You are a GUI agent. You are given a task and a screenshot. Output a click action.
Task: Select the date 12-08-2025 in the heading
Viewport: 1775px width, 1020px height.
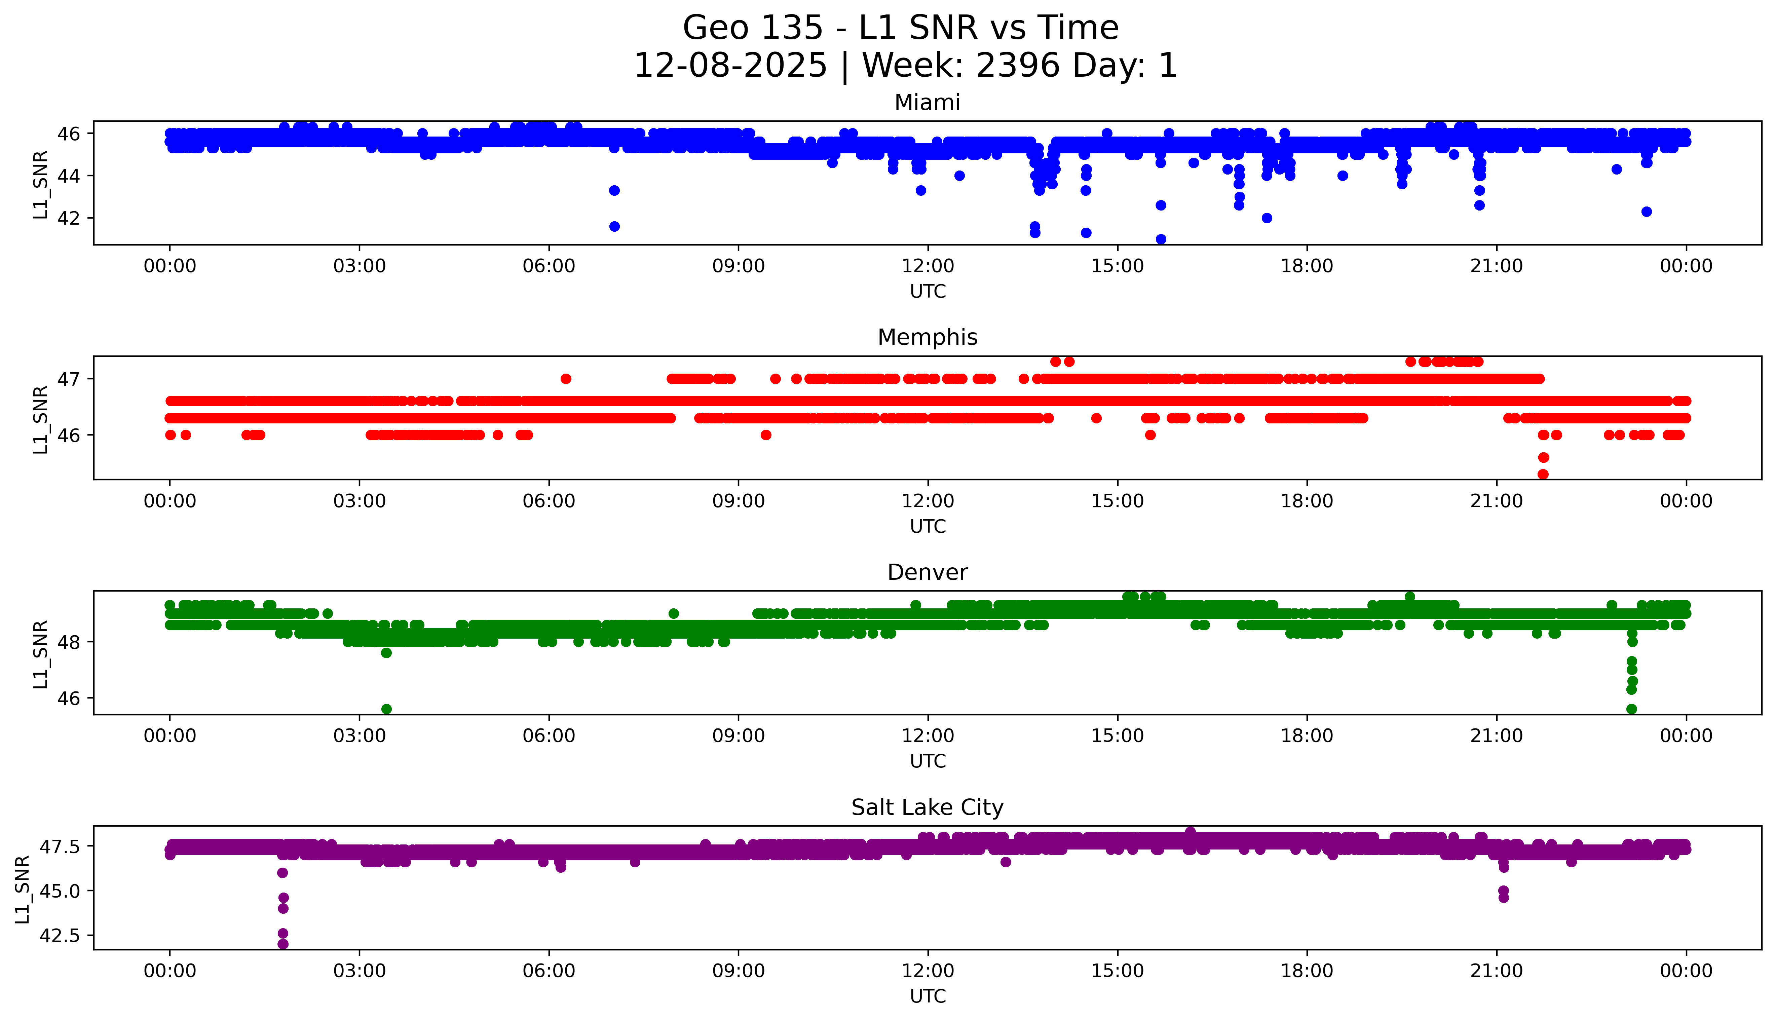pyautogui.click(x=730, y=66)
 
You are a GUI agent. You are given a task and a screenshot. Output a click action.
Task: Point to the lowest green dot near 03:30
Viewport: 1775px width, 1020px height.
pyautogui.click(x=386, y=709)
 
